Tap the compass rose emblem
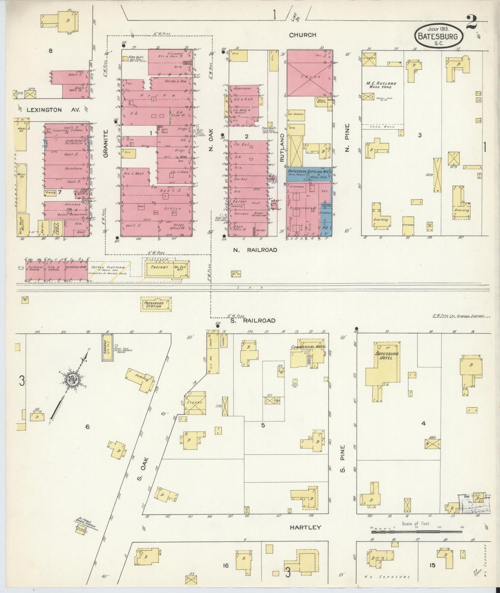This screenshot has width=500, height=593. (74, 380)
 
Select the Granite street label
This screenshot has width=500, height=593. (106, 143)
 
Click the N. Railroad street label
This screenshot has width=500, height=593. (255, 250)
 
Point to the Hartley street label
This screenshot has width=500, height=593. (305, 527)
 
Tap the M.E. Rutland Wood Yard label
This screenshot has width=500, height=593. (381, 85)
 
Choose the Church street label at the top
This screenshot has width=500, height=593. (302, 35)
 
